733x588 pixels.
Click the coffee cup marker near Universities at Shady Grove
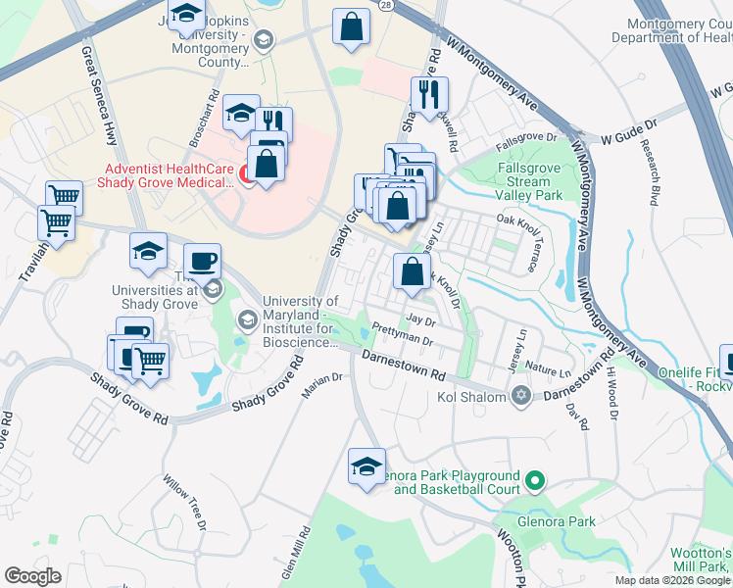(202, 261)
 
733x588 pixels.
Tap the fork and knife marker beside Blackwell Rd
(429, 94)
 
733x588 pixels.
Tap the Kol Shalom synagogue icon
(520, 396)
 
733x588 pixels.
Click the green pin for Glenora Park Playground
(534, 481)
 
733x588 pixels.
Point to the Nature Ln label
(548, 372)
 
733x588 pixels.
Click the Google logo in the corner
(32, 576)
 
